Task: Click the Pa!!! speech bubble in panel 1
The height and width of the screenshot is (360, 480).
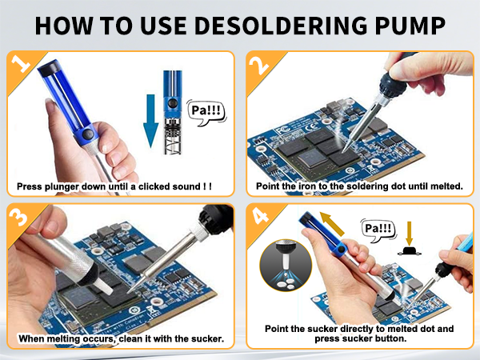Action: (x=203, y=111)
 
